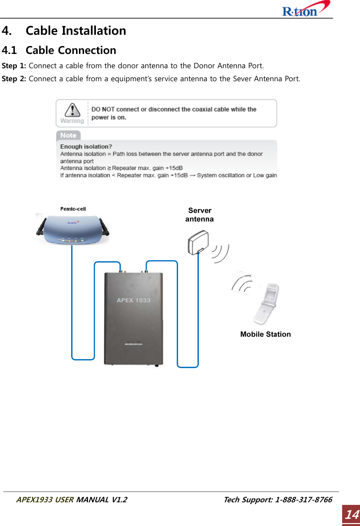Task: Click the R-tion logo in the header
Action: point(305,9)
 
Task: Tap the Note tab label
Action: point(68,135)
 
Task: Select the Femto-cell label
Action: point(73,209)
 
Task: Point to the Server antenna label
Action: point(199,215)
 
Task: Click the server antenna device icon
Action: point(198,242)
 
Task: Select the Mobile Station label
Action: point(265,334)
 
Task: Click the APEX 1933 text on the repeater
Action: point(134,300)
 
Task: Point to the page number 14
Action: point(352,515)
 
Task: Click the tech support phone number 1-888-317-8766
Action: point(303,499)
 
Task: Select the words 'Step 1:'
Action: point(14,66)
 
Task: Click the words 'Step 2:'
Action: point(14,79)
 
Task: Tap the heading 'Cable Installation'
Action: point(76,31)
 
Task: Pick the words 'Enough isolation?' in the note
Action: point(86,147)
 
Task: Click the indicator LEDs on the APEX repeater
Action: point(134,342)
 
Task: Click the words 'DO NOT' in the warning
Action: point(103,109)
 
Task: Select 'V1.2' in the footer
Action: point(119,499)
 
